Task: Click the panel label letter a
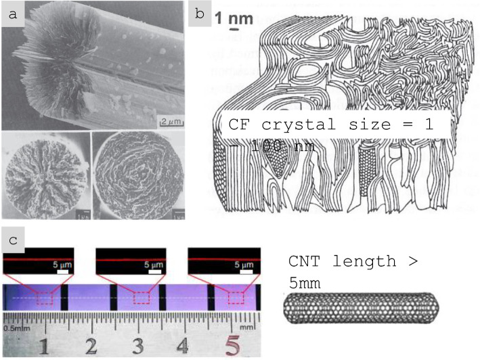[14, 14]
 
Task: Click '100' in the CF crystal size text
[282, 146]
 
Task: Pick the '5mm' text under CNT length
[305, 283]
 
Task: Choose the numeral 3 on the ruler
[137, 346]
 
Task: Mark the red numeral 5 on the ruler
[232, 346]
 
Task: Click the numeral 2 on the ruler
[91, 346]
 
